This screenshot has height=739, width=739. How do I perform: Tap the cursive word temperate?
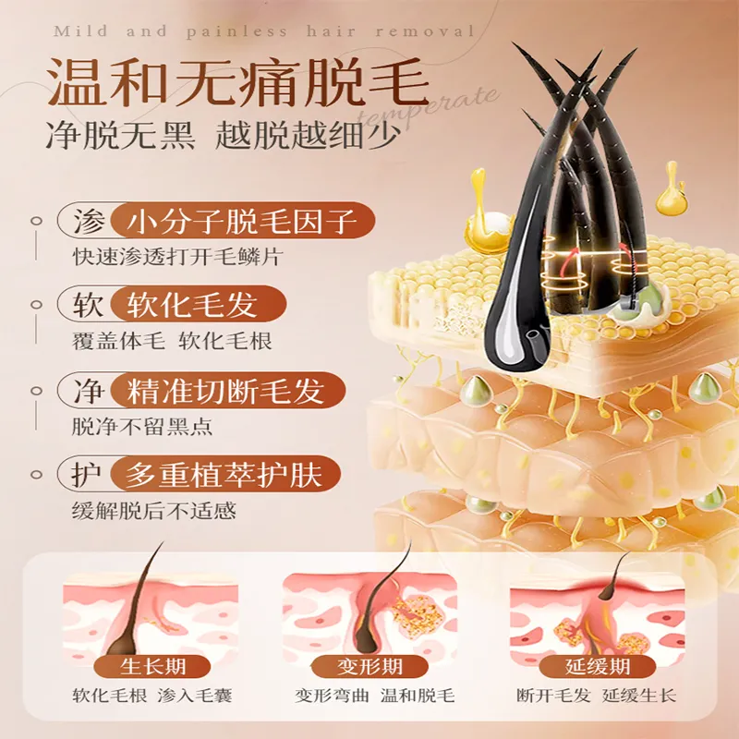[428, 107]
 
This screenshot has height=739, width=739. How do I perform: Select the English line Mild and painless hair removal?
[263, 31]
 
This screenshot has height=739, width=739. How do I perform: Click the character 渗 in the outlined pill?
[89, 221]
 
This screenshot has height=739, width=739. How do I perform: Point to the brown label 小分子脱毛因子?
[242, 221]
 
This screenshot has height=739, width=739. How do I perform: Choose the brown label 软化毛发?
[198, 305]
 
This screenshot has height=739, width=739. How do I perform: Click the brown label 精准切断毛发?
[227, 390]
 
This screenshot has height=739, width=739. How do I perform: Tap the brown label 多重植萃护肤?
[225, 474]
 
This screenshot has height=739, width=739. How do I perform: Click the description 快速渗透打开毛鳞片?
[177, 257]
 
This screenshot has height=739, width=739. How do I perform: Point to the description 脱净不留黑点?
[142, 426]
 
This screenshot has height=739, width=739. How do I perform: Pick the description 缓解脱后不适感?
[153, 511]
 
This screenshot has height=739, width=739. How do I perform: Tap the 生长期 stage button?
[152, 666]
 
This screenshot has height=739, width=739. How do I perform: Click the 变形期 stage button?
[369, 666]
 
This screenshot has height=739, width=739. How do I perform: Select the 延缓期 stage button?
[598, 666]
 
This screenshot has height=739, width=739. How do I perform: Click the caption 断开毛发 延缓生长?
[597, 696]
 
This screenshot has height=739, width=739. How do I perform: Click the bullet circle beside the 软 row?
[36, 305]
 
